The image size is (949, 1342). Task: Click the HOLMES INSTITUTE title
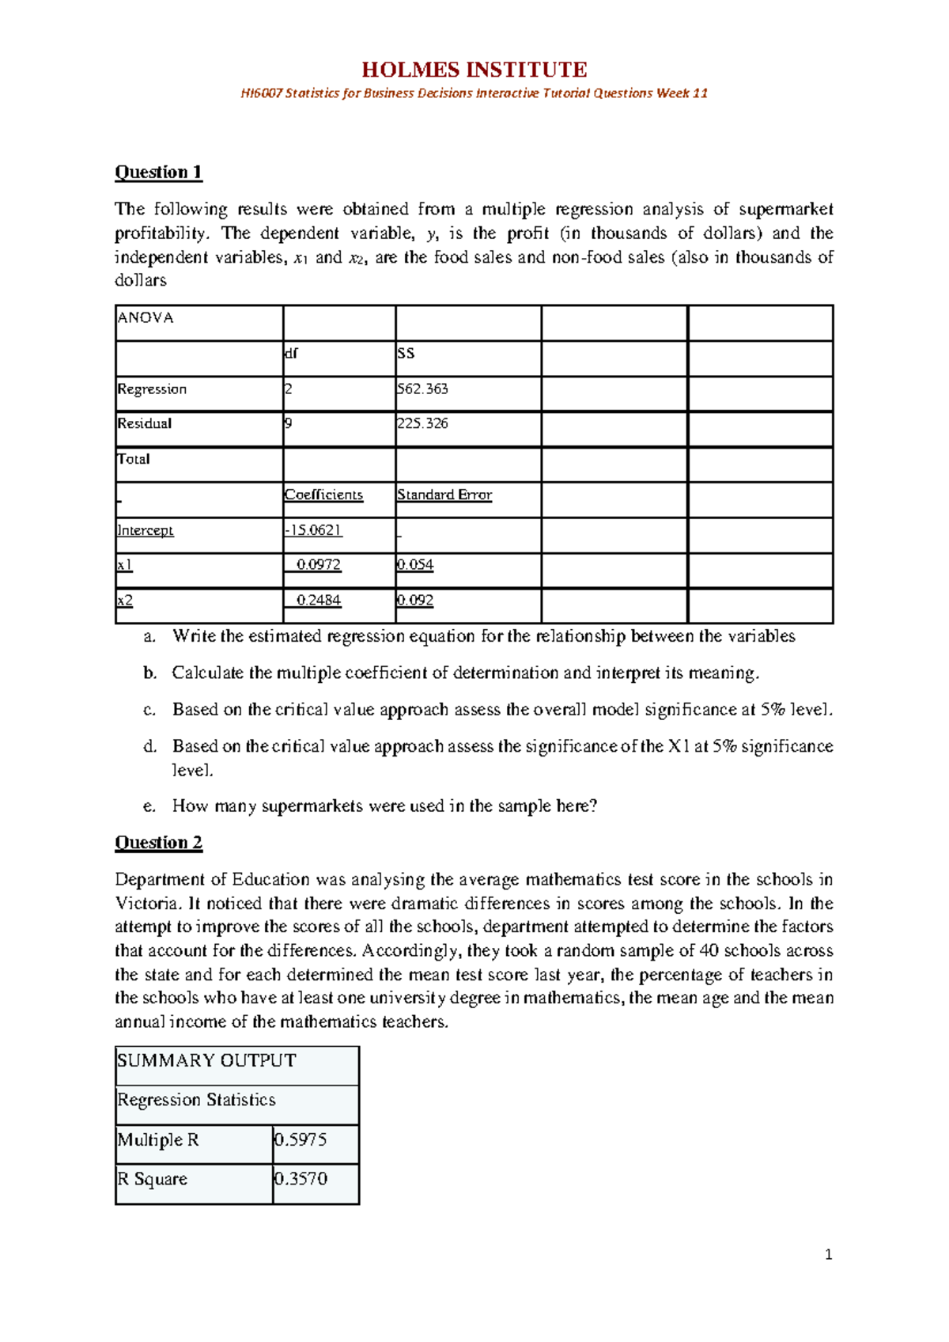click(x=474, y=70)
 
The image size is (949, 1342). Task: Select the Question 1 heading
click(x=158, y=172)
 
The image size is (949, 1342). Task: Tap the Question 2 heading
click(x=158, y=842)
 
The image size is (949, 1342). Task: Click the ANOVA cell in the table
click(x=146, y=318)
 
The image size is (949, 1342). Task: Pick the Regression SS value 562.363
click(x=422, y=389)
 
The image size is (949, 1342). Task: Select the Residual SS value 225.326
click(x=422, y=423)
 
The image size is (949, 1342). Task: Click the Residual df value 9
click(x=289, y=423)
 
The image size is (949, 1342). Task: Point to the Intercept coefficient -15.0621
click(x=314, y=530)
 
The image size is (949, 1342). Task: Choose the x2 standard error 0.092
click(x=415, y=601)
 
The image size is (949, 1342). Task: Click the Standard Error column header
click(x=444, y=495)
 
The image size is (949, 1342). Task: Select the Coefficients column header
click(x=323, y=495)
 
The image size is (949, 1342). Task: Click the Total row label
click(x=134, y=459)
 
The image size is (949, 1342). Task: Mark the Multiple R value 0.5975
click(x=301, y=1140)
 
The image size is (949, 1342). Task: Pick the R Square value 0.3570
click(x=301, y=1179)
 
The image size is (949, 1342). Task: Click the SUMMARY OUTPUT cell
click(x=206, y=1061)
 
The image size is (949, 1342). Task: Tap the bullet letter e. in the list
click(x=149, y=806)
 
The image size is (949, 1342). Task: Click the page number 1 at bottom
click(x=828, y=1254)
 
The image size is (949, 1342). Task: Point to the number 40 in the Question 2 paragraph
click(x=709, y=950)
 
